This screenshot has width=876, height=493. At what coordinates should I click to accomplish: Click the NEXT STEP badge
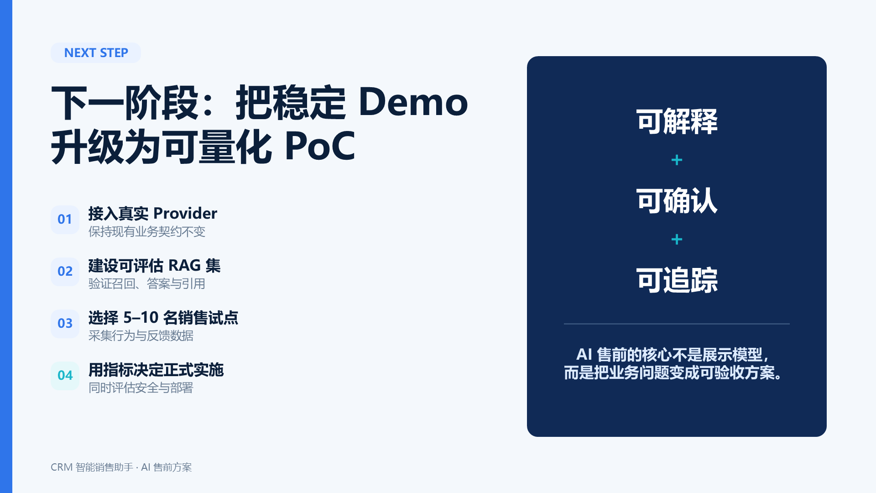pos(96,52)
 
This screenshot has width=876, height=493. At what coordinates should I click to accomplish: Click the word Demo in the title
pos(413,102)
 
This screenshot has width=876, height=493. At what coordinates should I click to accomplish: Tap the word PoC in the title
pos(320,146)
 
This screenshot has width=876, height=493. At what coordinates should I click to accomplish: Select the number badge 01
pos(65,220)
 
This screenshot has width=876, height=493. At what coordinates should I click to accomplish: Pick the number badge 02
pos(65,272)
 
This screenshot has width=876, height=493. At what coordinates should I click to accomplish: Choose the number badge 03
pos(65,324)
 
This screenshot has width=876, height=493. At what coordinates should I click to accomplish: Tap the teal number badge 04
pos(65,376)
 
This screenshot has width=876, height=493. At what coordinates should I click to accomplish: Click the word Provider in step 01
pos(185,213)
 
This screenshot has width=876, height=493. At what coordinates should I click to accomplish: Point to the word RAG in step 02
pos(184,265)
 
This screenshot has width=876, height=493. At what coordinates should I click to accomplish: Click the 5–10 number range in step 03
pos(141,317)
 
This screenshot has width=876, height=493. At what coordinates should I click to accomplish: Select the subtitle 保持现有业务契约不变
pos(147,231)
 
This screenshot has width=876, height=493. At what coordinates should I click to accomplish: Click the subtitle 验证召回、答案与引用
pos(147,283)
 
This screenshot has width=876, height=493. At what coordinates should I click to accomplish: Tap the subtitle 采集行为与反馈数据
pos(141,336)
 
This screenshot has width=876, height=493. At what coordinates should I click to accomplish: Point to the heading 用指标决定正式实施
pos(156,370)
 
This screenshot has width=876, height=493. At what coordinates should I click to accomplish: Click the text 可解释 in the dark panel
pos(677,121)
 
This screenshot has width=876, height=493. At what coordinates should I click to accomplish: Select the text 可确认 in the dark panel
pos(677,201)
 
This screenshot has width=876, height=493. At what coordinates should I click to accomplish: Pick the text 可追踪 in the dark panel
pos(677,280)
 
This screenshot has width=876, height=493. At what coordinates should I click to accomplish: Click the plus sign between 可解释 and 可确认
pos(677,160)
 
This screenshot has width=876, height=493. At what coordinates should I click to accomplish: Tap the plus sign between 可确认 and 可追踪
pos(677,240)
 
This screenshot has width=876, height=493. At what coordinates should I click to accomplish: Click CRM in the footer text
pos(62,467)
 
